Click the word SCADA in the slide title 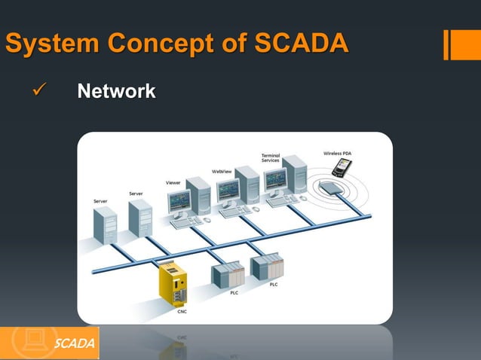(x=301, y=44)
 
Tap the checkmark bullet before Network (x=38, y=93)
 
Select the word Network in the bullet (x=117, y=93)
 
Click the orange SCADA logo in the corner (x=49, y=343)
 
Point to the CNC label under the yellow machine (x=182, y=311)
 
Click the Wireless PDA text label (x=337, y=153)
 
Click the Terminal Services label (x=271, y=158)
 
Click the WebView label (x=222, y=171)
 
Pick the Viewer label (x=173, y=183)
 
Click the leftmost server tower (x=105, y=224)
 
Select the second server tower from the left (x=139, y=217)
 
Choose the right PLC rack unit (x=267, y=267)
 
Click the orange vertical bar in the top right (x=449, y=44)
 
